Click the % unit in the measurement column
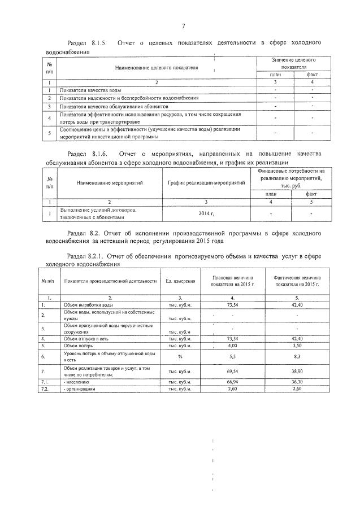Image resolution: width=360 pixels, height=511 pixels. click(180, 356)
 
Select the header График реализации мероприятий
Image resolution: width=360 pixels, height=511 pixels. click(207, 182)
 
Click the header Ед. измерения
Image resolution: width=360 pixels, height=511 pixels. click(180, 281)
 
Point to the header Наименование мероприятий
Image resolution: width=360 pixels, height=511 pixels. click(110, 182)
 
